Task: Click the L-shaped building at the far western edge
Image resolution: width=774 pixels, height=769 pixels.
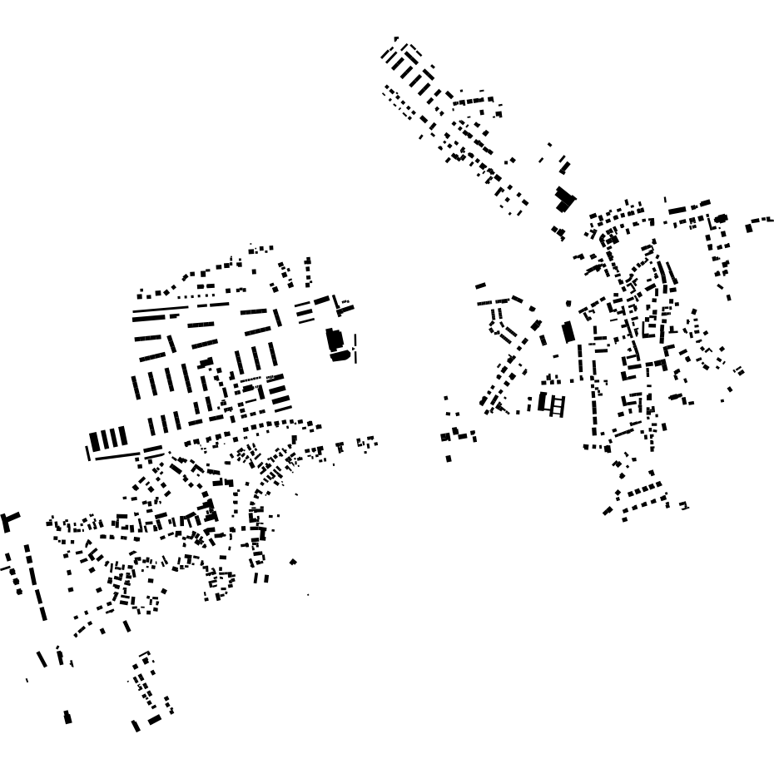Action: tap(9, 522)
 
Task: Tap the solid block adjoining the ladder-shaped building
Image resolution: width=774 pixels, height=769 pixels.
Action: tap(543, 402)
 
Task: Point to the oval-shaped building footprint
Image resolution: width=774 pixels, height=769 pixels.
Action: tap(722, 219)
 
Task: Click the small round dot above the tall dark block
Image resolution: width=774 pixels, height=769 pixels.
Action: tap(568, 304)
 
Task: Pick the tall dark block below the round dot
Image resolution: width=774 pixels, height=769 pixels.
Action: tap(568, 332)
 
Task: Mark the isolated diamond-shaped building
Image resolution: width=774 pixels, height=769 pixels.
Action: tap(293, 563)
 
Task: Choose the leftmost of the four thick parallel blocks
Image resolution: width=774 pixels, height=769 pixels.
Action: tap(94, 441)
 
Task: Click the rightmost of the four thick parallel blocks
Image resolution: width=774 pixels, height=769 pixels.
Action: tap(123, 436)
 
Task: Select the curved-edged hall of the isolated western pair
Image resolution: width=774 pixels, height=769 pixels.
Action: tap(340, 356)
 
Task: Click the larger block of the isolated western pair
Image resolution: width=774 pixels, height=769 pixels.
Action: tap(333, 340)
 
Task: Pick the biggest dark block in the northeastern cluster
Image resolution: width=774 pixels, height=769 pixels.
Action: tap(565, 199)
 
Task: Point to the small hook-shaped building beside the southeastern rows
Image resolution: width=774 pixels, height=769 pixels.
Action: tap(684, 505)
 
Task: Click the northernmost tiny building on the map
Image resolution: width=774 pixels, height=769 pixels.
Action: tap(396, 38)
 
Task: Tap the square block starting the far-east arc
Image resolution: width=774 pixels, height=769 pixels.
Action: tap(749, 227)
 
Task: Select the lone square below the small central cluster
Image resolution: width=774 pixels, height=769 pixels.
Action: tap(449, 459)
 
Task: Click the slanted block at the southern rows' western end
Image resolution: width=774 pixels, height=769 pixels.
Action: tap(608, 511)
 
